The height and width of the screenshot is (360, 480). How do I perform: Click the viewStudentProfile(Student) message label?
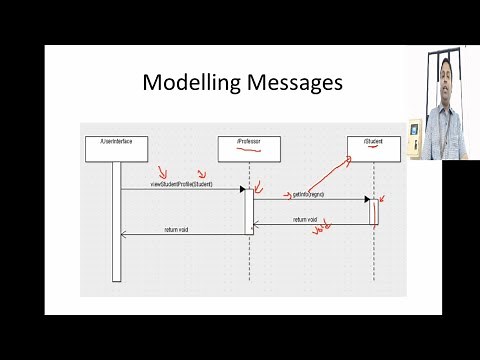point(182,185)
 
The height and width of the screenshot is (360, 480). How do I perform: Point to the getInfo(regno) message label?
point(309,192)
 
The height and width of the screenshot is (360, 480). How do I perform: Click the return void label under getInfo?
point(305,220)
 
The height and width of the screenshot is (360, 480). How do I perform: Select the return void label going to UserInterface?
point(177,230)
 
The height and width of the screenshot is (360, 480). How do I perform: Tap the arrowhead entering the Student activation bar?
point(366,199)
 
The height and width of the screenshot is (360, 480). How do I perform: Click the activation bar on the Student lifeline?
point(373,212)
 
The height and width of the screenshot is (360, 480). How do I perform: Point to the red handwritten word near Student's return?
point(321,231)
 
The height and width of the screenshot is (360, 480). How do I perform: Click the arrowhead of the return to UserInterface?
point(124,235)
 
